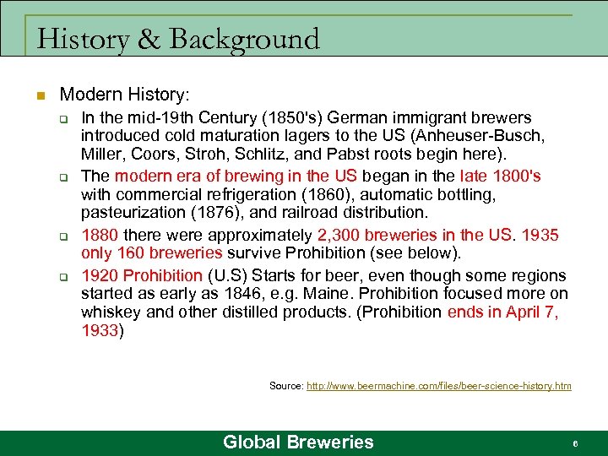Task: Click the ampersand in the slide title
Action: point(143,39)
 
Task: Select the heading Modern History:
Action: point(124,94)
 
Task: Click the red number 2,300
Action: point(341,235)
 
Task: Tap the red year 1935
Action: point(540,235)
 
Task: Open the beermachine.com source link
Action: point(438,386)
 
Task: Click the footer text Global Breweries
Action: point(298,442)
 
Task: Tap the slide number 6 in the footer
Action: point(574,442)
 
